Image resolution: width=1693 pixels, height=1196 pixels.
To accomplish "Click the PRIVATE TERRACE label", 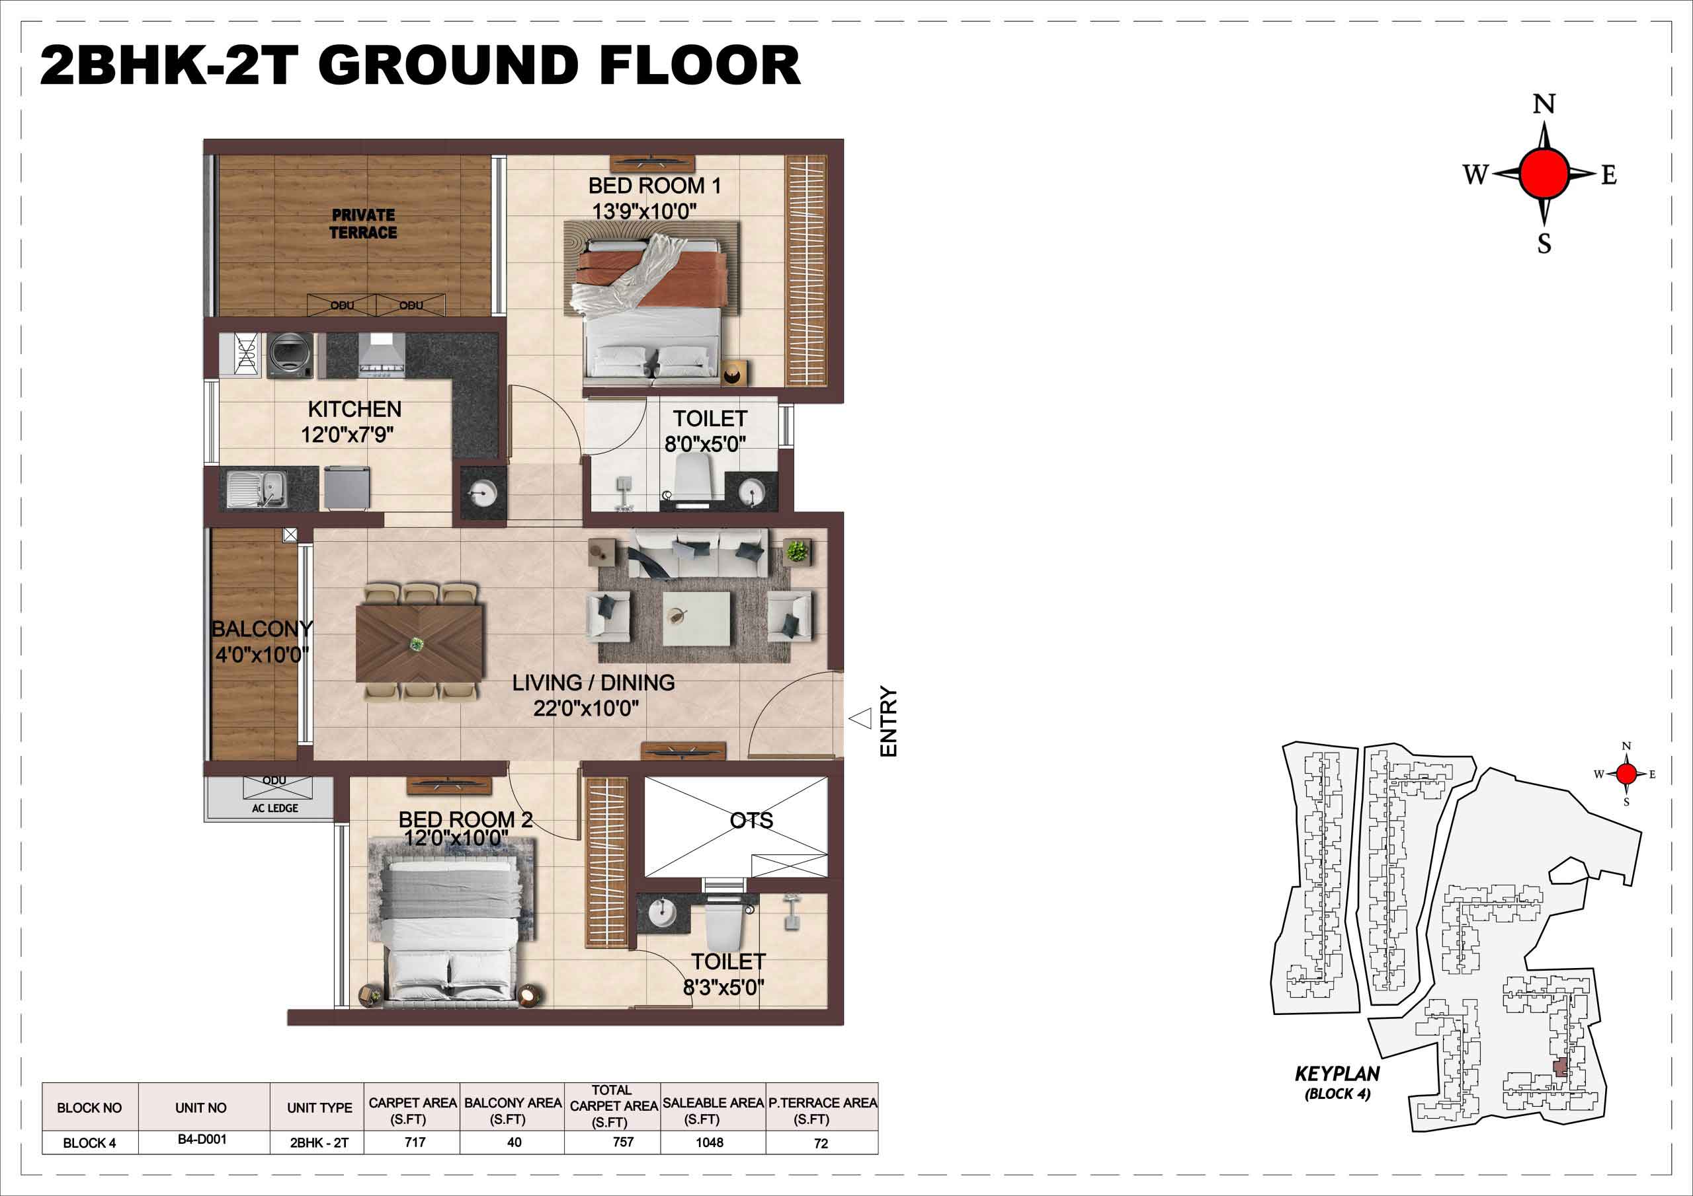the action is (x=363, y=224).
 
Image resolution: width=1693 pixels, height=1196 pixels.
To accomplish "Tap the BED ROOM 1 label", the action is (x=654, y=186).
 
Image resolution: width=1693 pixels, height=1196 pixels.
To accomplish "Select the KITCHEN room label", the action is (x=354, y=409).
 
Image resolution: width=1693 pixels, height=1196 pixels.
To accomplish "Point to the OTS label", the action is (x=751, y=820).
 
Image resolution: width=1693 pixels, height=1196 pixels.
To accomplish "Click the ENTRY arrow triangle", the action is (x=860, y=718).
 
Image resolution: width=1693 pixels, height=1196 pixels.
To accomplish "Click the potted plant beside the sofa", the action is (x=796, y=550).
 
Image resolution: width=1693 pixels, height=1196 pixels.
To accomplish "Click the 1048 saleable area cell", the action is (x=710, y=1142).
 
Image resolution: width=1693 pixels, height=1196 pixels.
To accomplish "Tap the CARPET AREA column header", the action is (x=413, y=1111).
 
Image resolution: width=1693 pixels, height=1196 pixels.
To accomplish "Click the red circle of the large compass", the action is (x=1544, y=174).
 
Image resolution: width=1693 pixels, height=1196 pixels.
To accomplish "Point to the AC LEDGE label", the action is (x=275, y=807).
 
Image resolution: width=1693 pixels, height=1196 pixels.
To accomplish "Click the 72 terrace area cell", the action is (x=821, y=1143).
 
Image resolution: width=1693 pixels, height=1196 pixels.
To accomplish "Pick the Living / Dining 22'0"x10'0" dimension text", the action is (x=586, y=708).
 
